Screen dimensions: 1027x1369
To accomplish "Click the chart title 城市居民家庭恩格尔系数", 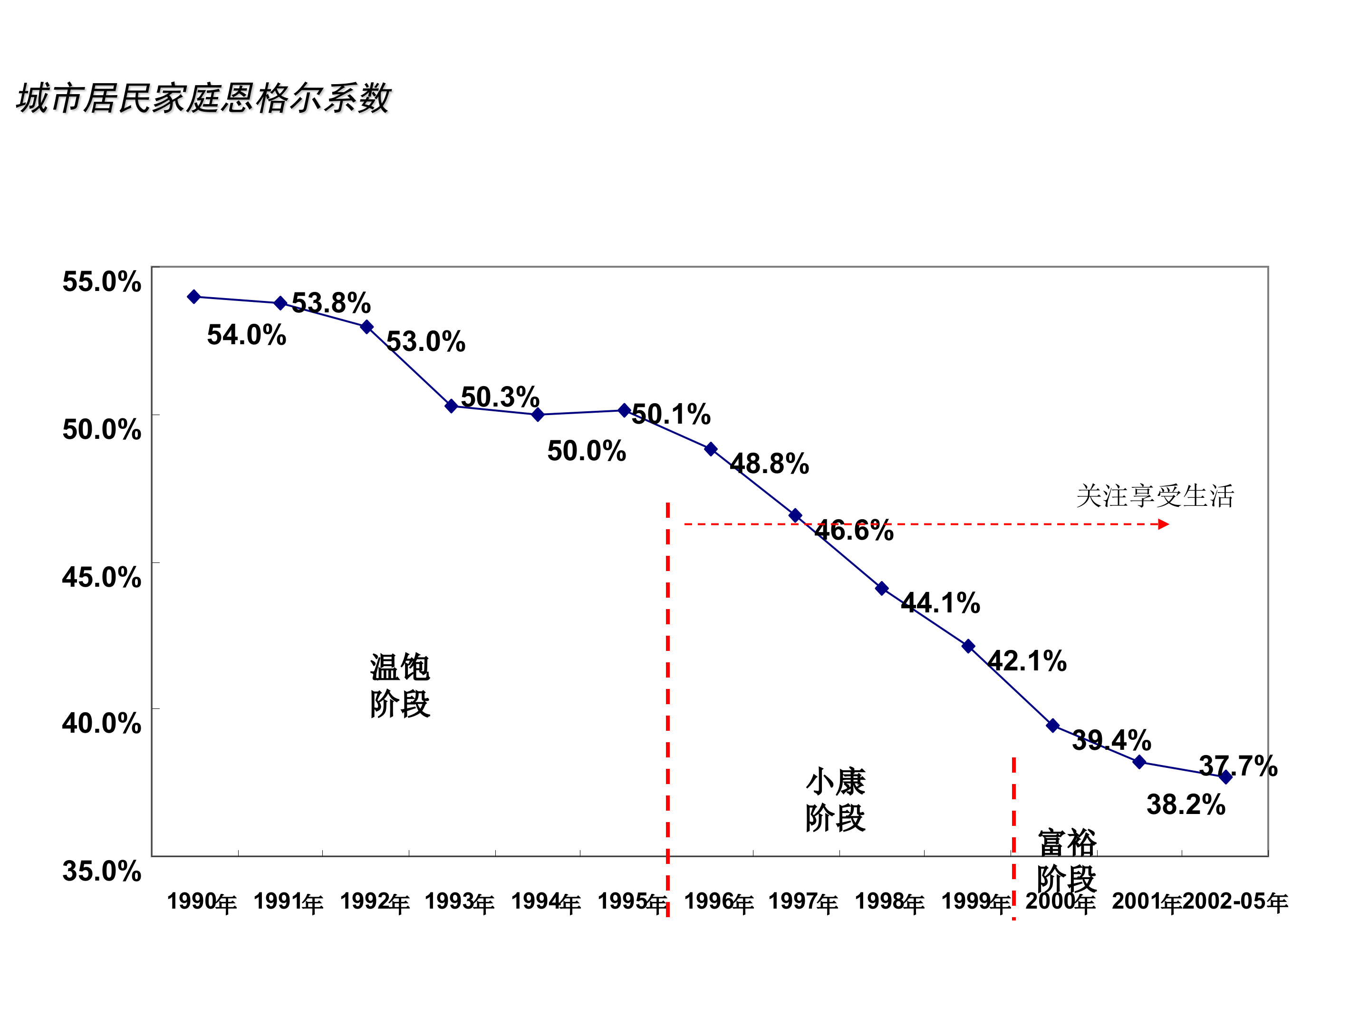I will pyautogui.click(x=203, y=98).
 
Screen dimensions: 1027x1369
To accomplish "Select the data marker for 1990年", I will pyautogui.click(x=194, y=297).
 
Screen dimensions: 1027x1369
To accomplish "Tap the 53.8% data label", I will pyautogui.click(x=331, y=303).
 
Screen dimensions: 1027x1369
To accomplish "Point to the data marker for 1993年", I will pyautogui.click(x=451, y=406).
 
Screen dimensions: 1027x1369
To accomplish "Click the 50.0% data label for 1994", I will pyautogui.click(x=586, y=451).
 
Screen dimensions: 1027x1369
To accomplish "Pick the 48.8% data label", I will pyautogui.click(x=769, y=464).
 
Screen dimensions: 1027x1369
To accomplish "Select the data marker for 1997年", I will pyautogui.click(x=795, y=515).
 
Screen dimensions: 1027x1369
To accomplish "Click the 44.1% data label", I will pyautogui.click(x=940, y=603).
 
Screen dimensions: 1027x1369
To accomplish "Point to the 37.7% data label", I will pyautogui.click(x=1238, y=766).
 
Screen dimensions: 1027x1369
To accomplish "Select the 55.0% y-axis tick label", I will pyautogui.click(x=102, y=281).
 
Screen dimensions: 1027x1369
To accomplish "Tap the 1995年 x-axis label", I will pyautogui.click(x=632, y=902).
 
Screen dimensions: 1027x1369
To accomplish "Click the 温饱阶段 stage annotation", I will pyautogui.click(x=400, y=685).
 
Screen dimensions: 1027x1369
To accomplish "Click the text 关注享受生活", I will pyautogui.click(x=1155, y=496).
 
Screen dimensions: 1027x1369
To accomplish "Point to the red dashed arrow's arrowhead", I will pyautogui.click(x=1164, y=524).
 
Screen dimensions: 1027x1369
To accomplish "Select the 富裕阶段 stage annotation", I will pyautogui.click(x=1066, y=861).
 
